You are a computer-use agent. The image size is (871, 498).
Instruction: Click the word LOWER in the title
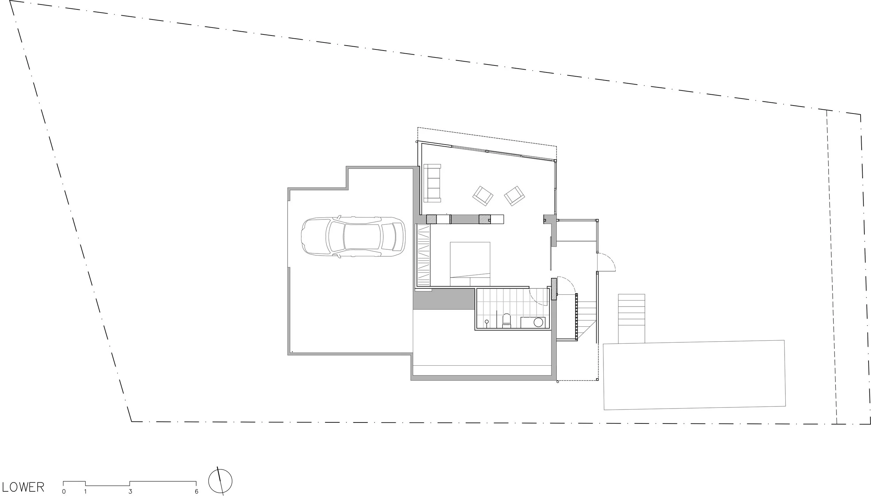pos(23,487)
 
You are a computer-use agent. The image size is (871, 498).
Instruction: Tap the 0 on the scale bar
pos(64,492)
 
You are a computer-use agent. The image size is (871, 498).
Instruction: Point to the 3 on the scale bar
pos(130,492)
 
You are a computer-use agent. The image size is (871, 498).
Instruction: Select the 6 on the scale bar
pos(196,492)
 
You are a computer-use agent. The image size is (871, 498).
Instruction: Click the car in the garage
pos(353,237)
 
